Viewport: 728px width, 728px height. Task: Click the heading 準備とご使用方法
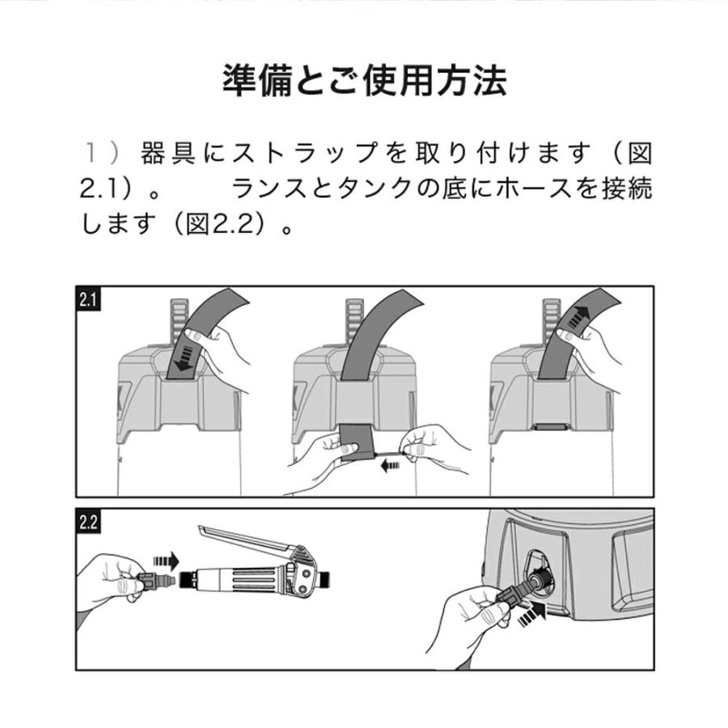coord(364,82)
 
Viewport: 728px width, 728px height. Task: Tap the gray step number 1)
coord(103,152)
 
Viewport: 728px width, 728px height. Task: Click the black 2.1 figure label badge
coord(88,299)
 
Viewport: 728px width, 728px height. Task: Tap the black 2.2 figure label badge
coord(88,522)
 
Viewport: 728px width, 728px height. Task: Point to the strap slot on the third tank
coord(551,426)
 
